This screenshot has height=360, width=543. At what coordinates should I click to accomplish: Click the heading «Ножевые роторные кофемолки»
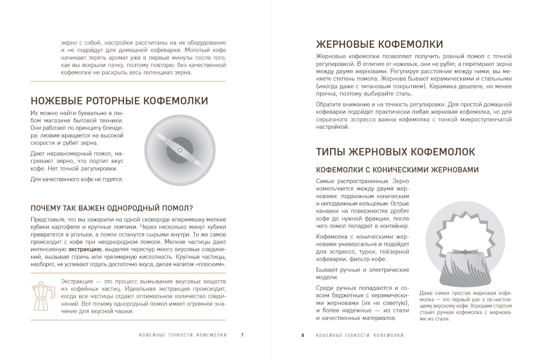click(119, 101)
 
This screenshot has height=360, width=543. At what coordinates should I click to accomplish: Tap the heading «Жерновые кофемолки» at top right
click(379, 44)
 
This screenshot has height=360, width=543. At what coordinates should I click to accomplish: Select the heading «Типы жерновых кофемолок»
click(396, 151)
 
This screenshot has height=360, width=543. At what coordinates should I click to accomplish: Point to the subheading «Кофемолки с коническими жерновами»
click(397, 170)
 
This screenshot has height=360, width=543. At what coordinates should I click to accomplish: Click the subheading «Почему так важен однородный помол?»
click(112, 208)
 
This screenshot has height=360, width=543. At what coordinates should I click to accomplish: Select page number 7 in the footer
click(242, 335)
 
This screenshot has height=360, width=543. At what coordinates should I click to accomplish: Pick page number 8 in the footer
click(303, 335)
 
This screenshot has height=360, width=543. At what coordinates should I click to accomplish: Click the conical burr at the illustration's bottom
click(465, 270)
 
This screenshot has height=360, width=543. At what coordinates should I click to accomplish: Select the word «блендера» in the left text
click(112, 128)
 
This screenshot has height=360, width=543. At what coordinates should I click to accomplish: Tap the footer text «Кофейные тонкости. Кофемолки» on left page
click(183, 335)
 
